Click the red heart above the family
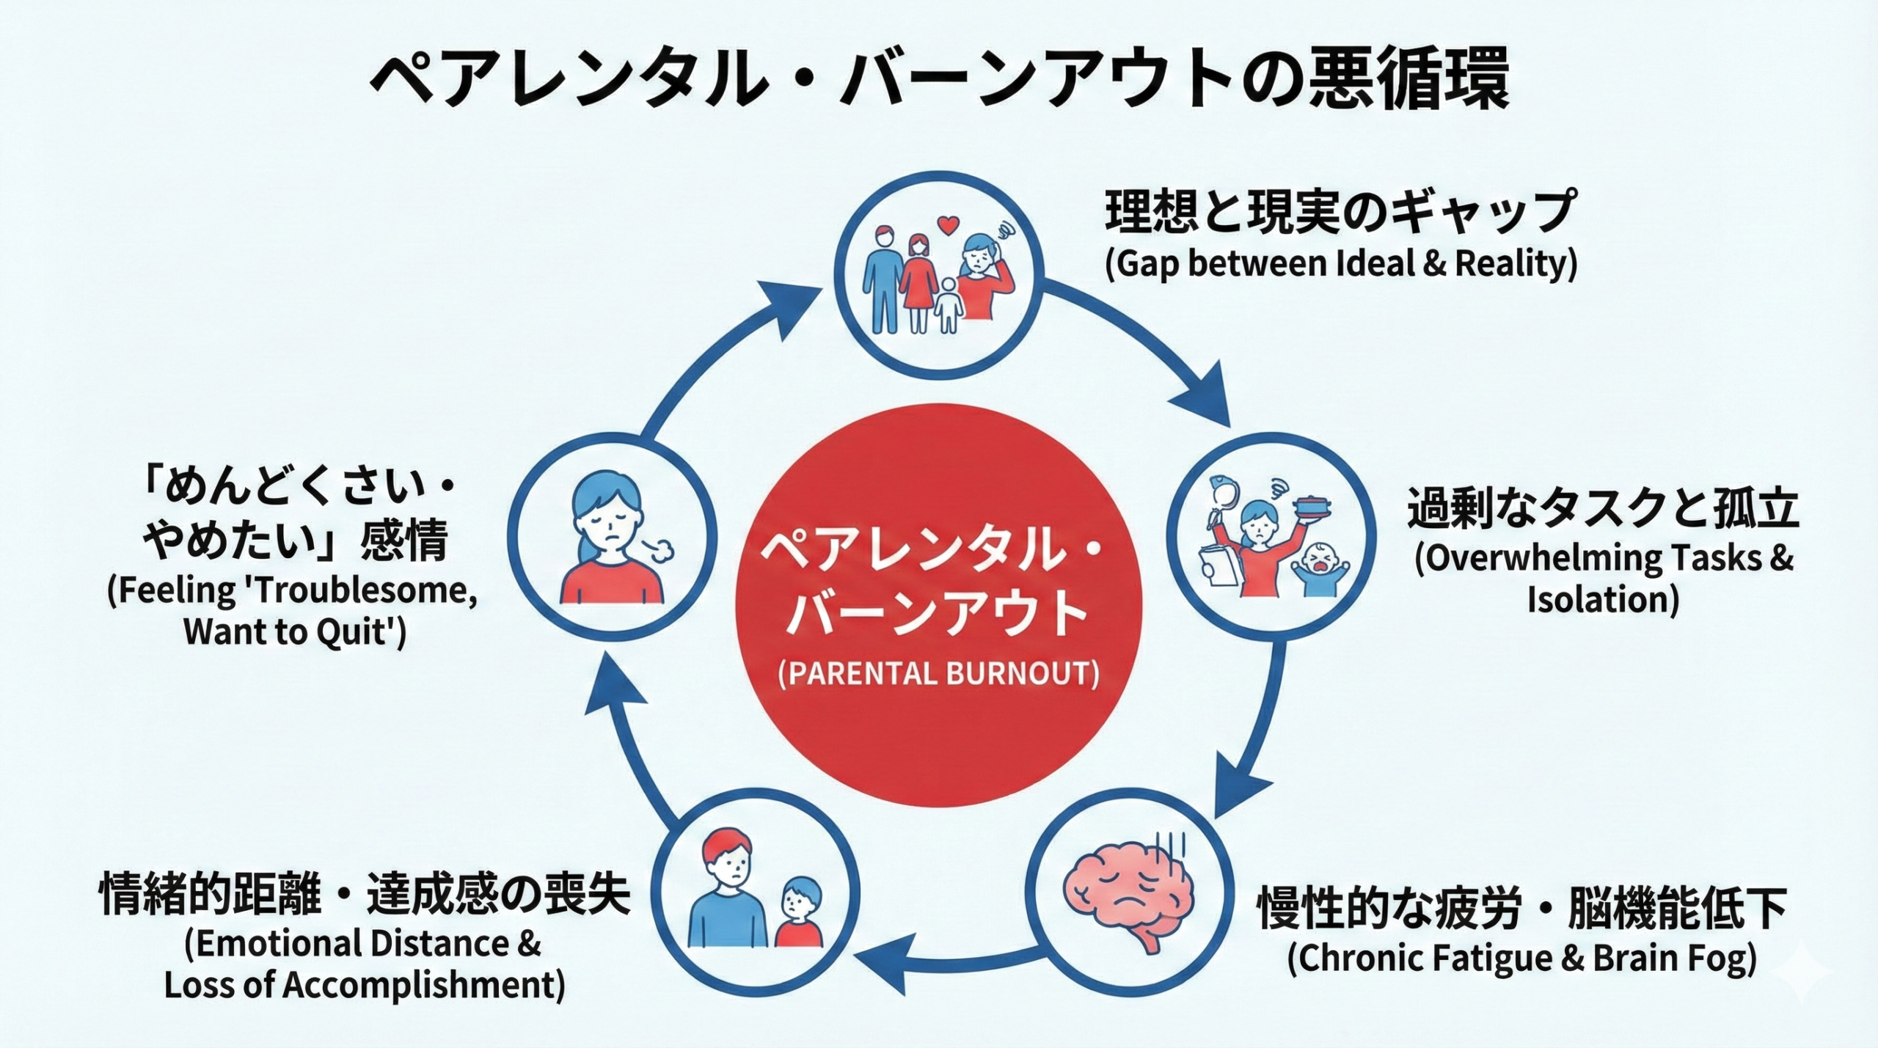coord(948,224)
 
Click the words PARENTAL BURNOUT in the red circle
coord(938,673)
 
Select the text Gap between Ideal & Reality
coord(1341,265)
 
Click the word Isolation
coord(1603,599)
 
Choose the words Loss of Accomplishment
coord(365,985)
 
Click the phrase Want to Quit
coord(293,631)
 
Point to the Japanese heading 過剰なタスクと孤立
coord(1603,509)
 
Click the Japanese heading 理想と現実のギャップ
coord(1340,211)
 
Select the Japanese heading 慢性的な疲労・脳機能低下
coord(1522,907)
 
